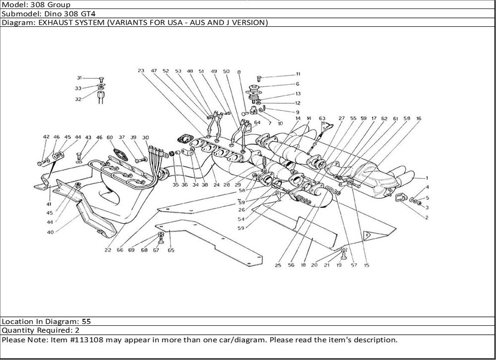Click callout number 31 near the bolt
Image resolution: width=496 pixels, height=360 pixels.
(79, 78)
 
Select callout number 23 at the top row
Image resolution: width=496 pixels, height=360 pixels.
(141, 71)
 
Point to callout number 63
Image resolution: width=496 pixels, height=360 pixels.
(322, 118)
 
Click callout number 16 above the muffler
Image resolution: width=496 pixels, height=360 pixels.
(419, 119)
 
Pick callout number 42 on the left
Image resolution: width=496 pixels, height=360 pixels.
(46, 137)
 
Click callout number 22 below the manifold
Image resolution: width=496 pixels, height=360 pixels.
(108, 250)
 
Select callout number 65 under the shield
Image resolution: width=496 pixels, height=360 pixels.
(171, 250)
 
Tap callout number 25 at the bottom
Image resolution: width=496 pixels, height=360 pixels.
(278, 265)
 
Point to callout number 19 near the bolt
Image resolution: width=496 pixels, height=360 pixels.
(339, 265)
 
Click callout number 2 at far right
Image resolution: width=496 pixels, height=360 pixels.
(427, 217)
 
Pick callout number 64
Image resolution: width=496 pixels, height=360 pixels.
(257, 122)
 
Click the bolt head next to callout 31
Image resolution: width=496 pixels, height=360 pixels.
(101, 78)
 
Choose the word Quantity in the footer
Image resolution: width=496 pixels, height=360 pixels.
(18, 330)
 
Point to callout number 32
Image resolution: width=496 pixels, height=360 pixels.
(78, 99)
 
